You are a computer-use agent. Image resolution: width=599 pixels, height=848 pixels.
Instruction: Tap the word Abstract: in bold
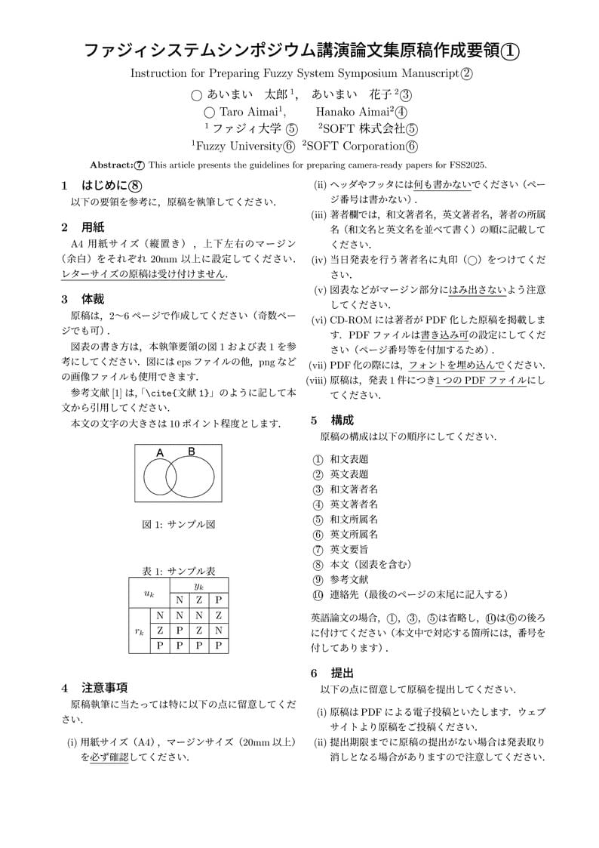pyautogui.click(x=111, y=165)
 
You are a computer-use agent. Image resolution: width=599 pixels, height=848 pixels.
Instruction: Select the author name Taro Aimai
pyautogui.click(x=244, y=112)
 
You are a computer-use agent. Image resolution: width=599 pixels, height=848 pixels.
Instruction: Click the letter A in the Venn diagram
pyautogui.click(x=160, y=452)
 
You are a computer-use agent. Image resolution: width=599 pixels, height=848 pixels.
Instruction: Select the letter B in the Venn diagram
pyautogui.click(x=192, y=452)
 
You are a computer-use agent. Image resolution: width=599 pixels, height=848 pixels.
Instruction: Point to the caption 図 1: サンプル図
pyautogui.click(x=179, y=525)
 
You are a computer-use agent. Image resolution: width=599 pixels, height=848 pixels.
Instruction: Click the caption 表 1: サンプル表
pyautogui.click(x=179, y=572)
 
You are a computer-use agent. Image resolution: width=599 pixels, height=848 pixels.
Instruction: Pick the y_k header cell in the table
pyautogui.click(x=198, y=586)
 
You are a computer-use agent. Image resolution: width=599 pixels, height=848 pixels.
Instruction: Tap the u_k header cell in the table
pyautogui.click(x=149, y=593)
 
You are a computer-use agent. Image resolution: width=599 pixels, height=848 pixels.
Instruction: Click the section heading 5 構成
pyautogui.click(x=332, y=420)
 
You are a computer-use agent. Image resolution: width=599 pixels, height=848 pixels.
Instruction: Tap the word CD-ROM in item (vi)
pyautogui.click(x=349, y=320)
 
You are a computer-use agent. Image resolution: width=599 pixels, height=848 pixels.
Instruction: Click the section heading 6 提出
pyautogui.click(x=332, y=673)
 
